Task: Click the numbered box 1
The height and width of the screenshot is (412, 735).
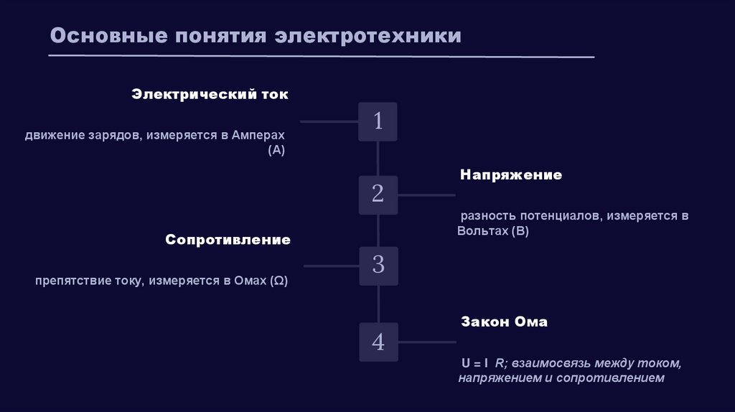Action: click(378, 121)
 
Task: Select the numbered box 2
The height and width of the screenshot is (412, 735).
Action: click(378, 195)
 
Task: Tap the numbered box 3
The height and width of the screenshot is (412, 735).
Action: click(378, 266)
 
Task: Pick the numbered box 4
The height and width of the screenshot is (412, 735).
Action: click(378, 342)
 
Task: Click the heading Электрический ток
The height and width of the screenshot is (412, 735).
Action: click(210, 95)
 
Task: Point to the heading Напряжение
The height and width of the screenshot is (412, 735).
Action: click(511, 175)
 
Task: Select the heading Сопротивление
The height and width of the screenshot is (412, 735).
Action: click(228, 240)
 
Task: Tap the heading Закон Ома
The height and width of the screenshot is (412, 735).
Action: click(504, 322)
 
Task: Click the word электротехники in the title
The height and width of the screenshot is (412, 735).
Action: click(368, 36)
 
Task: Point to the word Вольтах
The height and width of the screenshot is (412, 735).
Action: click(482, 231)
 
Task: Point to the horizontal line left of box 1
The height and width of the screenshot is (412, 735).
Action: click(329, 122)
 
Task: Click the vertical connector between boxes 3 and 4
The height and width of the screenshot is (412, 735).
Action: click(378, 304)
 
